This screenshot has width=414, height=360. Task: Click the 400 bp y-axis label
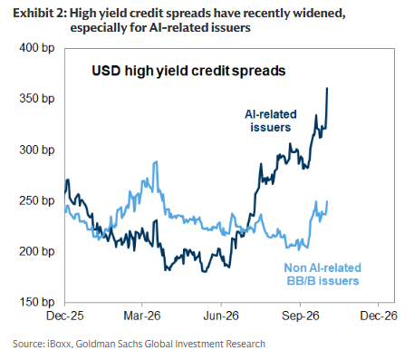(36, 48)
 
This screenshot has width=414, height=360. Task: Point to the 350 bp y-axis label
(36, 99)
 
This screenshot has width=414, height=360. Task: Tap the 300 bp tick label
(36, 150)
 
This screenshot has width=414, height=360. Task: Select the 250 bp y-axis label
(36, 200)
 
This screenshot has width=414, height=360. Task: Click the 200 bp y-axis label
(36, 251)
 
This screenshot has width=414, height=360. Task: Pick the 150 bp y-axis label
(36, 302)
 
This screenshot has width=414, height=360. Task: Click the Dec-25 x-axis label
(64, 316)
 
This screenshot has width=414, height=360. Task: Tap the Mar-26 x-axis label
(142, 316)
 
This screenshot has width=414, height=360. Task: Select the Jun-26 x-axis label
(221, 316)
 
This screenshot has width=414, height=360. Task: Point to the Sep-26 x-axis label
(301, 316)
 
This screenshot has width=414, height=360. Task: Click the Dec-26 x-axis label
(379, 316)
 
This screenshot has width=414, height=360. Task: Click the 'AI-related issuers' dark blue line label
(271, 121)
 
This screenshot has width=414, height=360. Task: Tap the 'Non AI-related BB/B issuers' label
(323, 274)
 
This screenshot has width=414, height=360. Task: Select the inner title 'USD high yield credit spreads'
(188, 71)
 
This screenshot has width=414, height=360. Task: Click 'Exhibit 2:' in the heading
(40, 14)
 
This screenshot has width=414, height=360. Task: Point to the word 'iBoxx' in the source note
(60, 344)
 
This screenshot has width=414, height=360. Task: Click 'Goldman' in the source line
(94, 344)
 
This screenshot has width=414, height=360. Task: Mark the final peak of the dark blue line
(327, 88)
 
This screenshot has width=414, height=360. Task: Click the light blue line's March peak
(156, 161)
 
